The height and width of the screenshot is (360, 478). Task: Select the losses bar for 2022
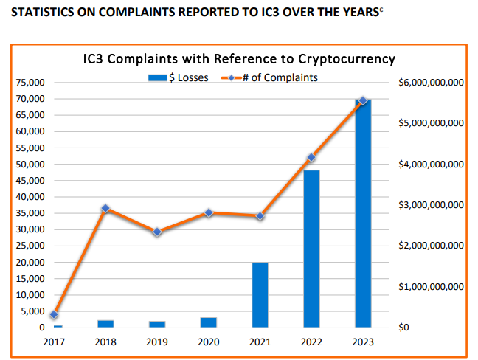point(311,251)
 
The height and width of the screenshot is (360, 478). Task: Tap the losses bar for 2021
point(260,295)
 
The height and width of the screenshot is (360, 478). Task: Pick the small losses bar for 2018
point(105,323)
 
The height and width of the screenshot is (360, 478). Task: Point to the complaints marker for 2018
point(105,209)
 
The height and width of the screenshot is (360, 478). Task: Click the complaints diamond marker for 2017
point(54,314)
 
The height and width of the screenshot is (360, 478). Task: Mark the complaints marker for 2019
point(157,232)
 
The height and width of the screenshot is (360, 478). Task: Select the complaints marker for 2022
point(311,157)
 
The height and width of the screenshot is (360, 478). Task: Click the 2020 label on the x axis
point(209,342)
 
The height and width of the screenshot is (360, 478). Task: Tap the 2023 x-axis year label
point(362,342)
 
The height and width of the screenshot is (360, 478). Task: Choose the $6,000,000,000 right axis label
point(432,83)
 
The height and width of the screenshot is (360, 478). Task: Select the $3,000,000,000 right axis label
point(432,204)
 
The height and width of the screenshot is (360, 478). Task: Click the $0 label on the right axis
point(405,327)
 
